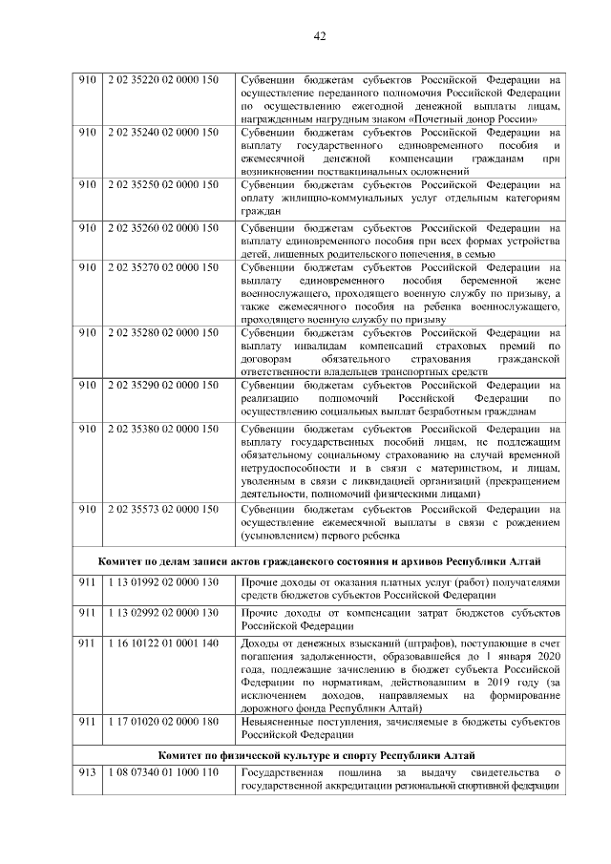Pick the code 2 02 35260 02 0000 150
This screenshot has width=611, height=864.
163,228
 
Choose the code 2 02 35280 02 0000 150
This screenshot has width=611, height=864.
163,333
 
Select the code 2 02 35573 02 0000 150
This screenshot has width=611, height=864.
163,509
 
